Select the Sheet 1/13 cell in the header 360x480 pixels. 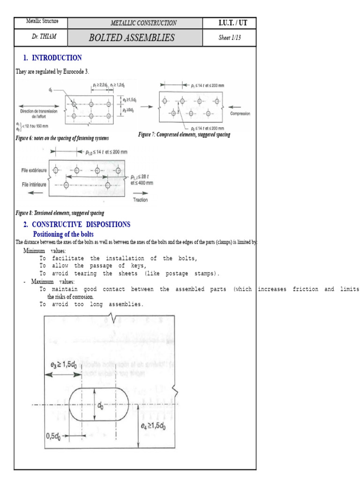(229, 38)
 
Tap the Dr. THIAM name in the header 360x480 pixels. (41, 37)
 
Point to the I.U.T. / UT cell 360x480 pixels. (229, 23)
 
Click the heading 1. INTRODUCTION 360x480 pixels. (52, 58)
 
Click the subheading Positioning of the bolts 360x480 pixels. (63, 234)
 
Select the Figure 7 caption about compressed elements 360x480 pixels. (184, 135)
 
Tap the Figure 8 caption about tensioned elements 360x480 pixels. (60, 213)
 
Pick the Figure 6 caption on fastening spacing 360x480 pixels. (62, 138)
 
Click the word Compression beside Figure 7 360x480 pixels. (240, 114)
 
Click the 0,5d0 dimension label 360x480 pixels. (55, 435)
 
